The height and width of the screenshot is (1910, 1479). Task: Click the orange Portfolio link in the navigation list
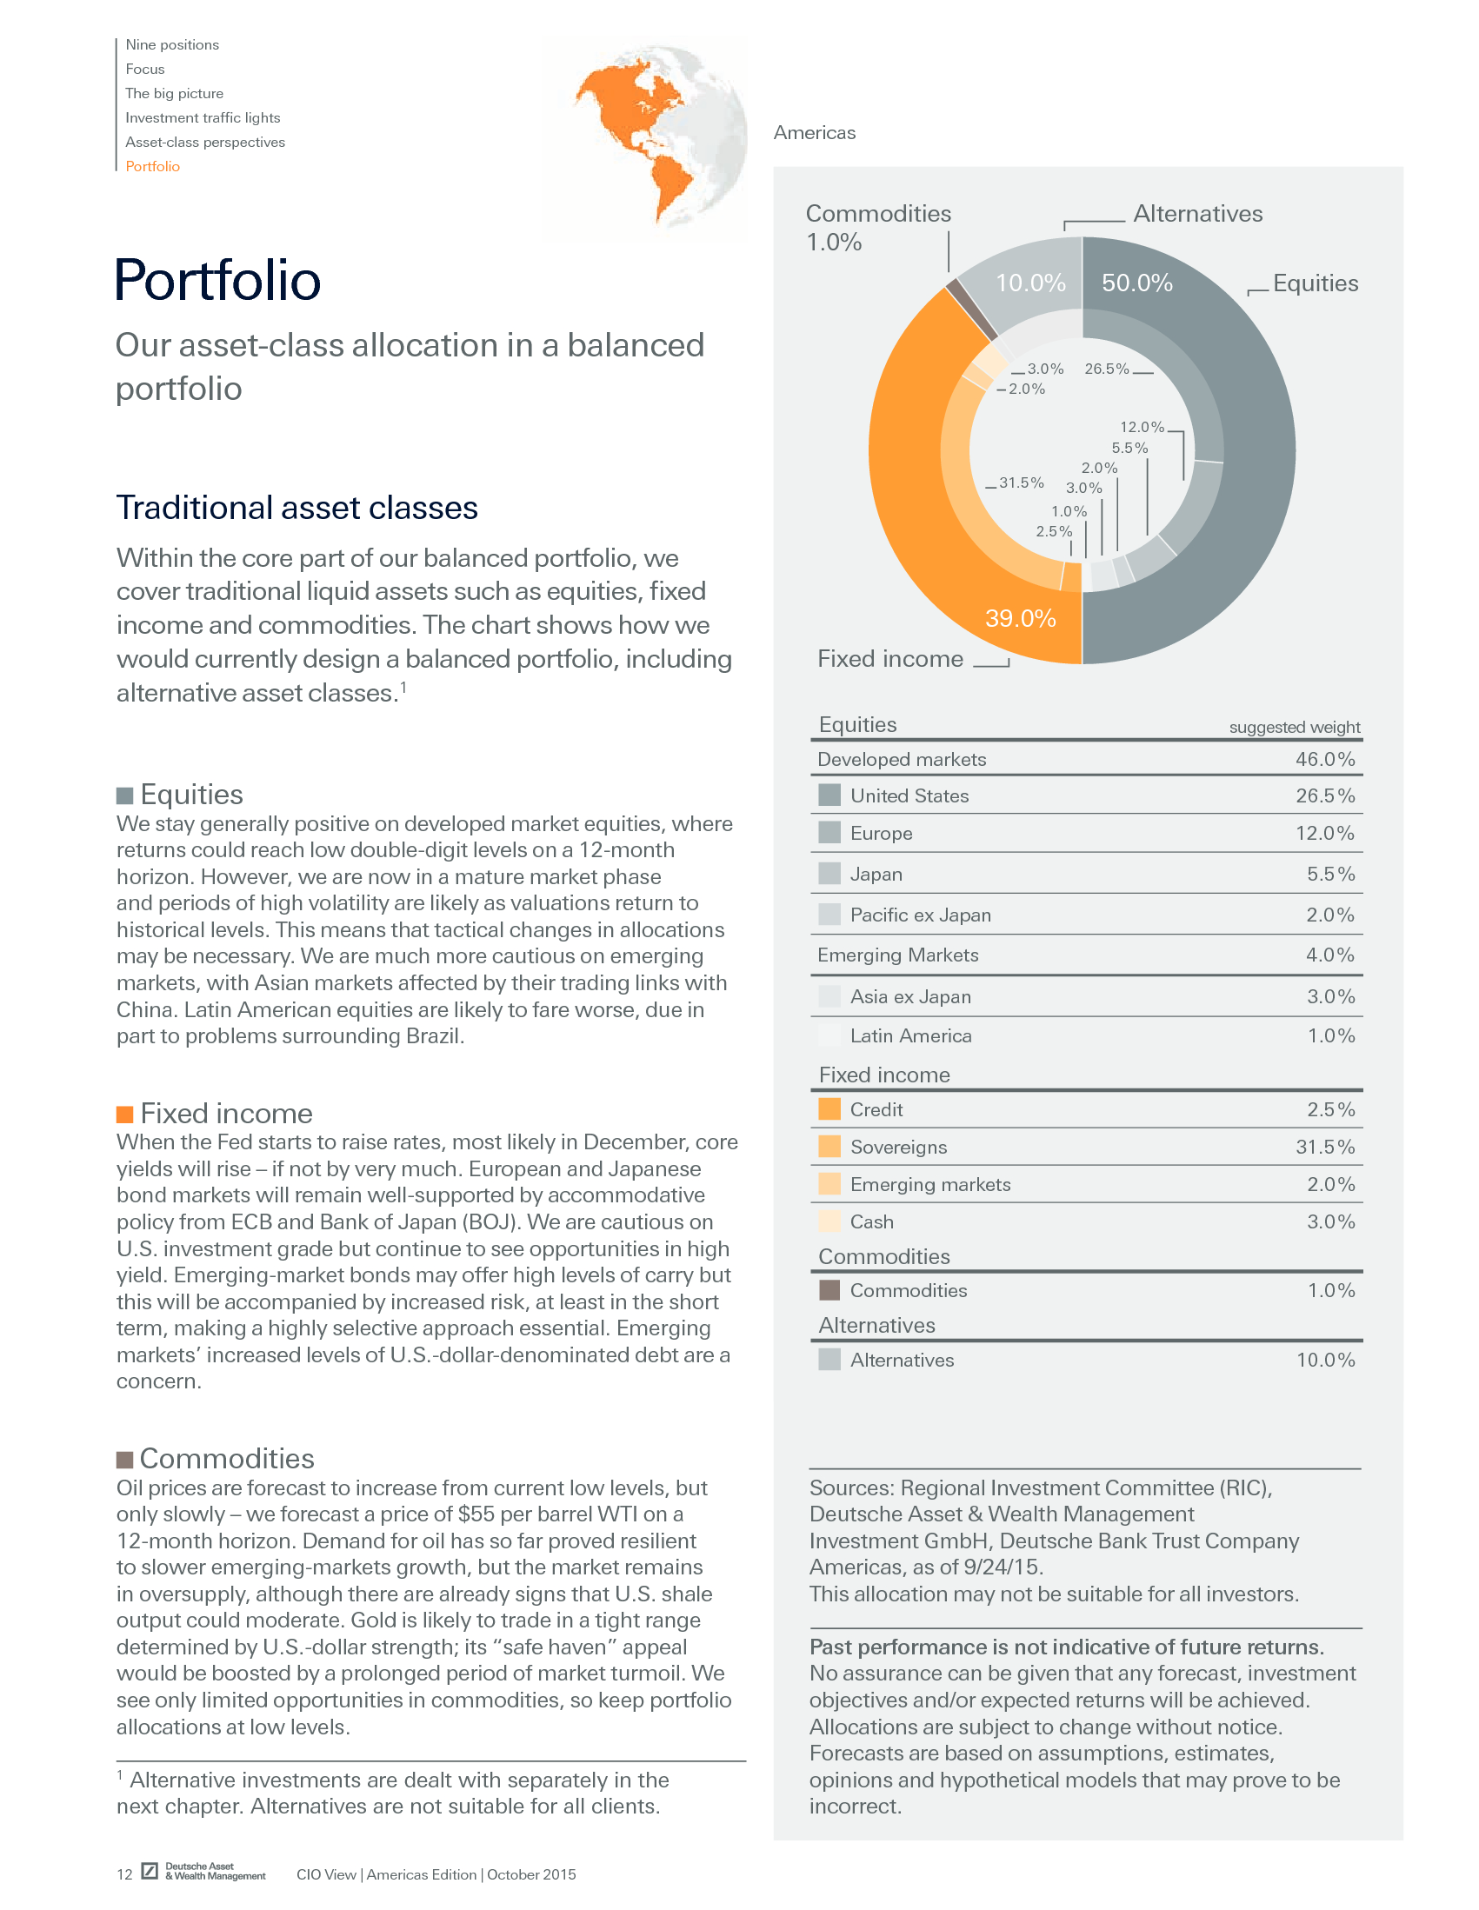coord(152,166)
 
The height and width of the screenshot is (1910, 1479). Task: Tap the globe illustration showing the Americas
coord(645,138)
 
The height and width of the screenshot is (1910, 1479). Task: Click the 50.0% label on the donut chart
coord(1136,283)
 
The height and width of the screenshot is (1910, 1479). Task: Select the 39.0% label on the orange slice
coord(1020,618)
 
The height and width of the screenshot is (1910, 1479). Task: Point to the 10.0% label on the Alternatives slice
coord(1030,283)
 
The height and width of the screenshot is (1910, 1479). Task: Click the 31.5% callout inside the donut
coord(1021,482)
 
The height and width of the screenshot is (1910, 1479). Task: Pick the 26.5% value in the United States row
coord(1324,795)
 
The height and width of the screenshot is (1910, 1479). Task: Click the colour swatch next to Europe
coord(829,833)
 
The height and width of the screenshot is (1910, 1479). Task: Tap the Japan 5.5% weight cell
coord(1330,874)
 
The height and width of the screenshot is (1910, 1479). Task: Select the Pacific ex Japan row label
coord(920,915)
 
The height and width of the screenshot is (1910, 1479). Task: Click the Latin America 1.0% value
coord(1330,1035)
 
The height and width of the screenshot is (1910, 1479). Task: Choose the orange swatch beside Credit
coord(829,1109)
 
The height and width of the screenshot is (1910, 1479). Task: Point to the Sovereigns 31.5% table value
coord(1324,1147)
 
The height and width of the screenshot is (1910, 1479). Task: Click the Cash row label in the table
coord(871,1221)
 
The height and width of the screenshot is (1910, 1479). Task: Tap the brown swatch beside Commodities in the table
coord(829,1290)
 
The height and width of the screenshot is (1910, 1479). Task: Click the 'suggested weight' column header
coord(1294,727)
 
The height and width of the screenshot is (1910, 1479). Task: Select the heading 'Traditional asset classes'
coord(297,507)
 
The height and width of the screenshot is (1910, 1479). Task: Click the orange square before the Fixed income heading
coord(125,1114)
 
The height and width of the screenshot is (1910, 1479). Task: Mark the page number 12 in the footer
coord(124,1874)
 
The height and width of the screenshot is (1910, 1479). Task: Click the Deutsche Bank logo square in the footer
coord(150,1871)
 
